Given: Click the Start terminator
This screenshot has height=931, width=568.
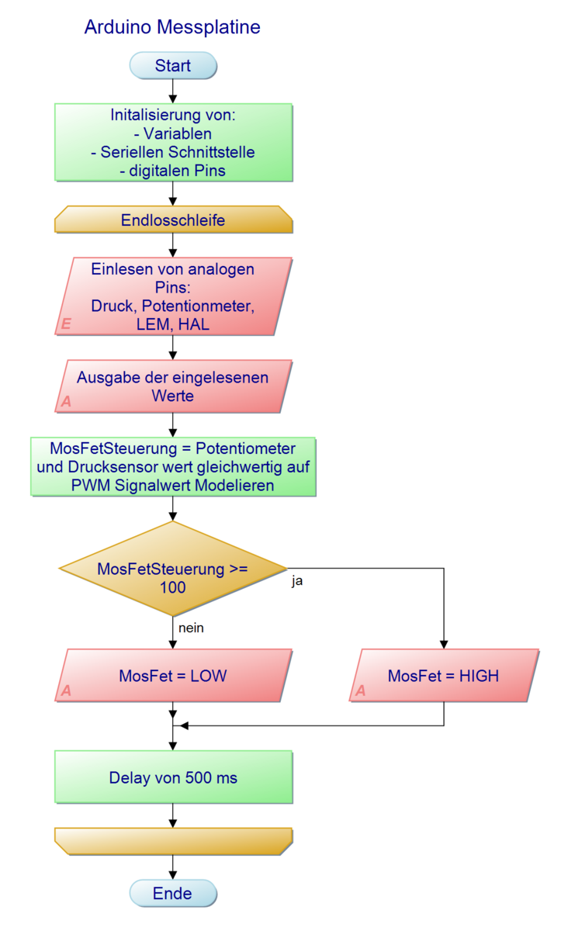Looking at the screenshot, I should [173, 66].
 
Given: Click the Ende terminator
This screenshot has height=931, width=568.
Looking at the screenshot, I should [173, 893].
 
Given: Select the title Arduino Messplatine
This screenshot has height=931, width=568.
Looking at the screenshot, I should [172, 27].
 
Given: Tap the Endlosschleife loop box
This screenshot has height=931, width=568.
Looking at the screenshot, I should [173, 220].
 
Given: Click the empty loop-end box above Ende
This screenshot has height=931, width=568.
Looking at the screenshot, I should [173, 841].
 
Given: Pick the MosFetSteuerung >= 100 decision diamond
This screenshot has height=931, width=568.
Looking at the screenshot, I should [173, 578].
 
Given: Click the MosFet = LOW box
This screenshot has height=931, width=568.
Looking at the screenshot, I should [173, 676].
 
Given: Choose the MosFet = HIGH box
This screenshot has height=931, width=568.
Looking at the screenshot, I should [444, 676].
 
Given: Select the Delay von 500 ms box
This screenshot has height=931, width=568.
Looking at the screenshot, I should [173, 777].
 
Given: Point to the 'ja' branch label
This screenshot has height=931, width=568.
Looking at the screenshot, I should [297, 581].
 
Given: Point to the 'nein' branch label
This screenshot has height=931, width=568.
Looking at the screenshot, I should [191, 628].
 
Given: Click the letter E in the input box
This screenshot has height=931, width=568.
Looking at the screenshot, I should [66, 324].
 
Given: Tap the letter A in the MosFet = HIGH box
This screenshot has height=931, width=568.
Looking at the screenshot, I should [360, 690].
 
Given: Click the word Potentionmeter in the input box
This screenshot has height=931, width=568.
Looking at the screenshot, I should [210, 306].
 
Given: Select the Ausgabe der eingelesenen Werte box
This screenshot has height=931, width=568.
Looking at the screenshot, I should [173, 386].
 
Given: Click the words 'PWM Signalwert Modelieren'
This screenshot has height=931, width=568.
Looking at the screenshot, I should [173, 485].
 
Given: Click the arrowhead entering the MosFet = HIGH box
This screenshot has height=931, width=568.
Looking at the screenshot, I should [444, 644].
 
